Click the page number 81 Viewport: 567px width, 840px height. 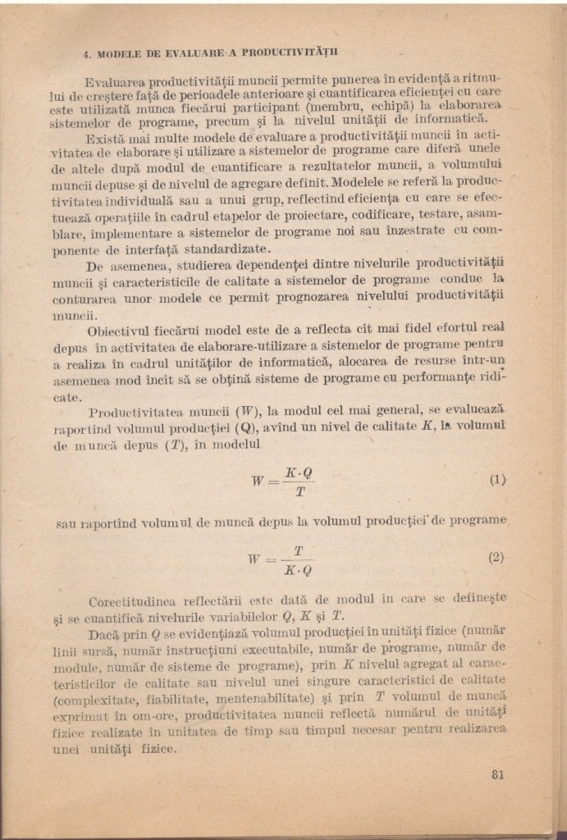coord(497,773)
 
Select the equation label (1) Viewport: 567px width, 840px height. coord(496,481)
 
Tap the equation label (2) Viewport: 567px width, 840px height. coord(495,558)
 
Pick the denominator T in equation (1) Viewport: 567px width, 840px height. coord(300,492)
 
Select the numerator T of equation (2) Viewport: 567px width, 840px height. coord(298,550)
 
